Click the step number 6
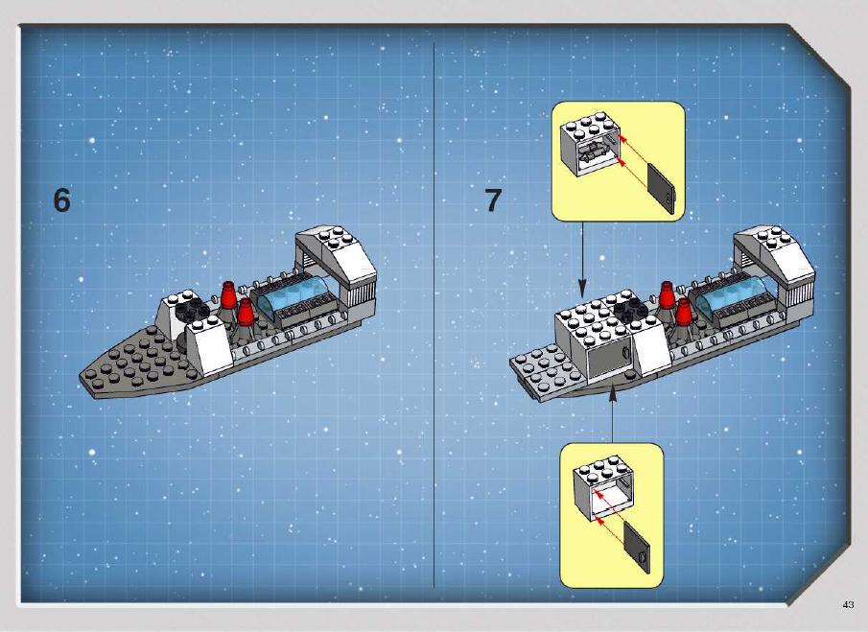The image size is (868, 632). pos(61,200)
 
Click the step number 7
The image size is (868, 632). pos(493,200)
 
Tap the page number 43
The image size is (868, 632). pos(848,605)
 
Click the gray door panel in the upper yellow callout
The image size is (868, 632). pos(662,189)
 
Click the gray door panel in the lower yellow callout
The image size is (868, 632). pos(637,547)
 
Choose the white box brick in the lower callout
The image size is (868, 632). pos(603,486)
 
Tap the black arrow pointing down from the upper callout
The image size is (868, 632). pos(582,258)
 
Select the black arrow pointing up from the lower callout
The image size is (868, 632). pos(612,415)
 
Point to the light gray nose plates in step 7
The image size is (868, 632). pos(546,371)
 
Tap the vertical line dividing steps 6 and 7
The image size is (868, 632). pos(434,316)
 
